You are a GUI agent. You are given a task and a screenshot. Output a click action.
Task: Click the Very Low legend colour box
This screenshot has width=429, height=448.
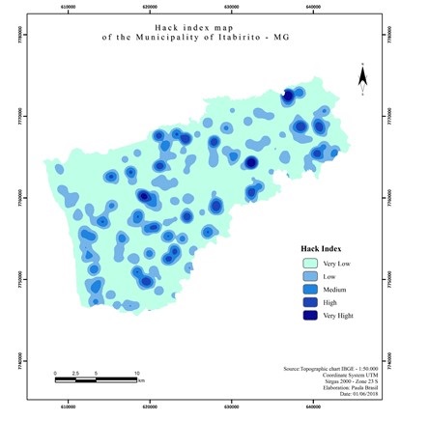tap(308, 263)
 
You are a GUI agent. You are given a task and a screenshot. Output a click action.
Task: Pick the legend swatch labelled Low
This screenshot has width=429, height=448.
tap(308, 276)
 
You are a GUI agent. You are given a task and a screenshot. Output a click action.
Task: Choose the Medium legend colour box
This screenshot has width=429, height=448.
tap(308, 289)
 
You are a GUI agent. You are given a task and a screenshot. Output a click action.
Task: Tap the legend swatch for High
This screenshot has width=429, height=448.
tap(308, 302)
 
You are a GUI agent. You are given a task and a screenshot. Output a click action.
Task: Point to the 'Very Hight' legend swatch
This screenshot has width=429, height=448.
tap(308, 316)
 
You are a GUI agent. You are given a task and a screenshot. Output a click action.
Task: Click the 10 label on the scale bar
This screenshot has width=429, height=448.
tap(137, 373)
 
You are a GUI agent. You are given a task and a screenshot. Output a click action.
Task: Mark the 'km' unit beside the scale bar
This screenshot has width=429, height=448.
tap(141, 381)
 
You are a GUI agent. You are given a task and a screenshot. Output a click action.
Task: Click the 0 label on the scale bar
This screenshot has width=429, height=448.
tap(55, 373)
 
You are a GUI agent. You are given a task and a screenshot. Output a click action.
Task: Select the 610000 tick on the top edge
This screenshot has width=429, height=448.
tap(69, 7)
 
